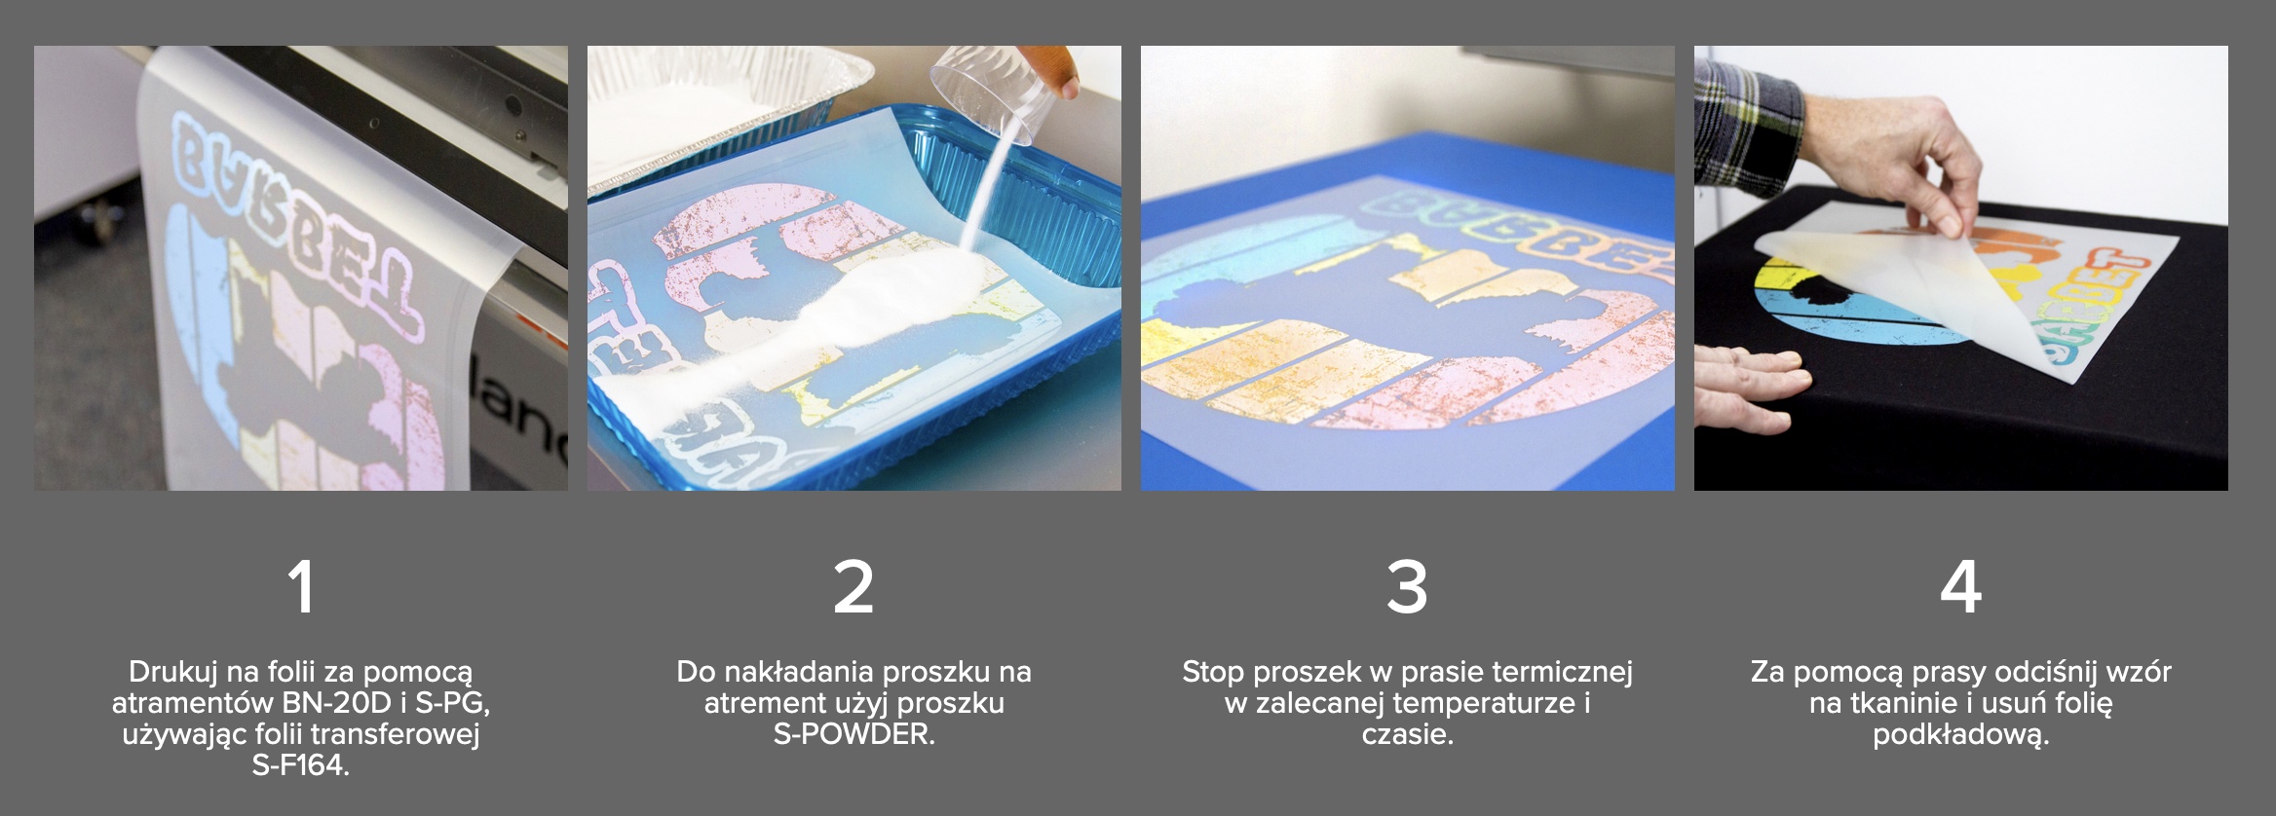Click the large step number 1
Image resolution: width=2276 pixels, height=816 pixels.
pos(301,586)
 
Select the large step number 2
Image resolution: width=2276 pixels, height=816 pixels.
pos(853,586)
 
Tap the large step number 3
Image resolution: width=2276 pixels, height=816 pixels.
pos(1407,587)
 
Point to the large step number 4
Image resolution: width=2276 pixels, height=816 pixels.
pos(1960,586)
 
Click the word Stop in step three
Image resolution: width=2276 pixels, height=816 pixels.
pos(1213,672)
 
